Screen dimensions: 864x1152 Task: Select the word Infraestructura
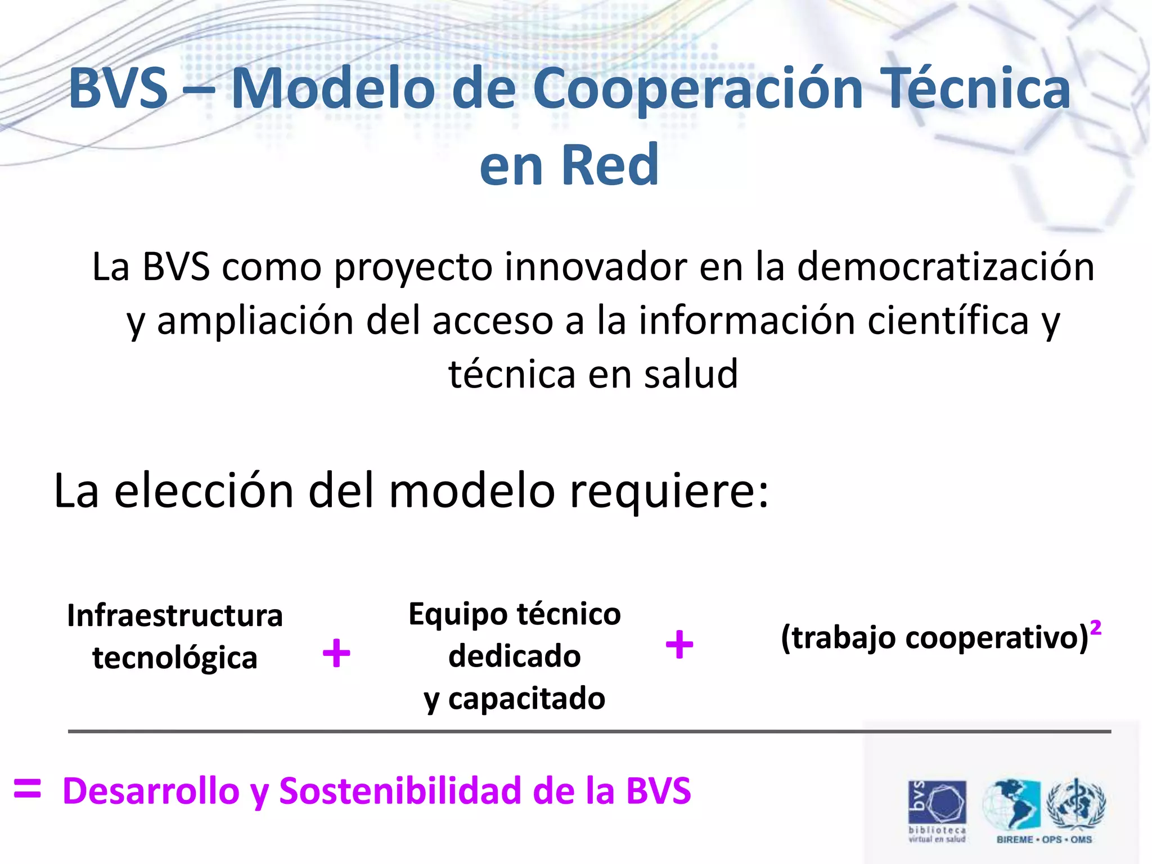coord(175,615)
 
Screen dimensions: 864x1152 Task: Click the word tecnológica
coord(175,658)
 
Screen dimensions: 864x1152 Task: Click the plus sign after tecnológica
coord(336,653)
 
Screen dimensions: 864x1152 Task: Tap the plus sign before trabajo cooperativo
coord(679,645)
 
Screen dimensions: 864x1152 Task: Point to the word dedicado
coord(514,656)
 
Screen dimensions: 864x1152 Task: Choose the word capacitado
coord(526,699)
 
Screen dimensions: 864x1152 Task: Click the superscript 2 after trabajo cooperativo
coord(1095,627)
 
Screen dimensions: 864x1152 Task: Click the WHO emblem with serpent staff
coord(1075,804)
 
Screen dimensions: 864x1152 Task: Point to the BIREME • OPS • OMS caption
coord(1044,840)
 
